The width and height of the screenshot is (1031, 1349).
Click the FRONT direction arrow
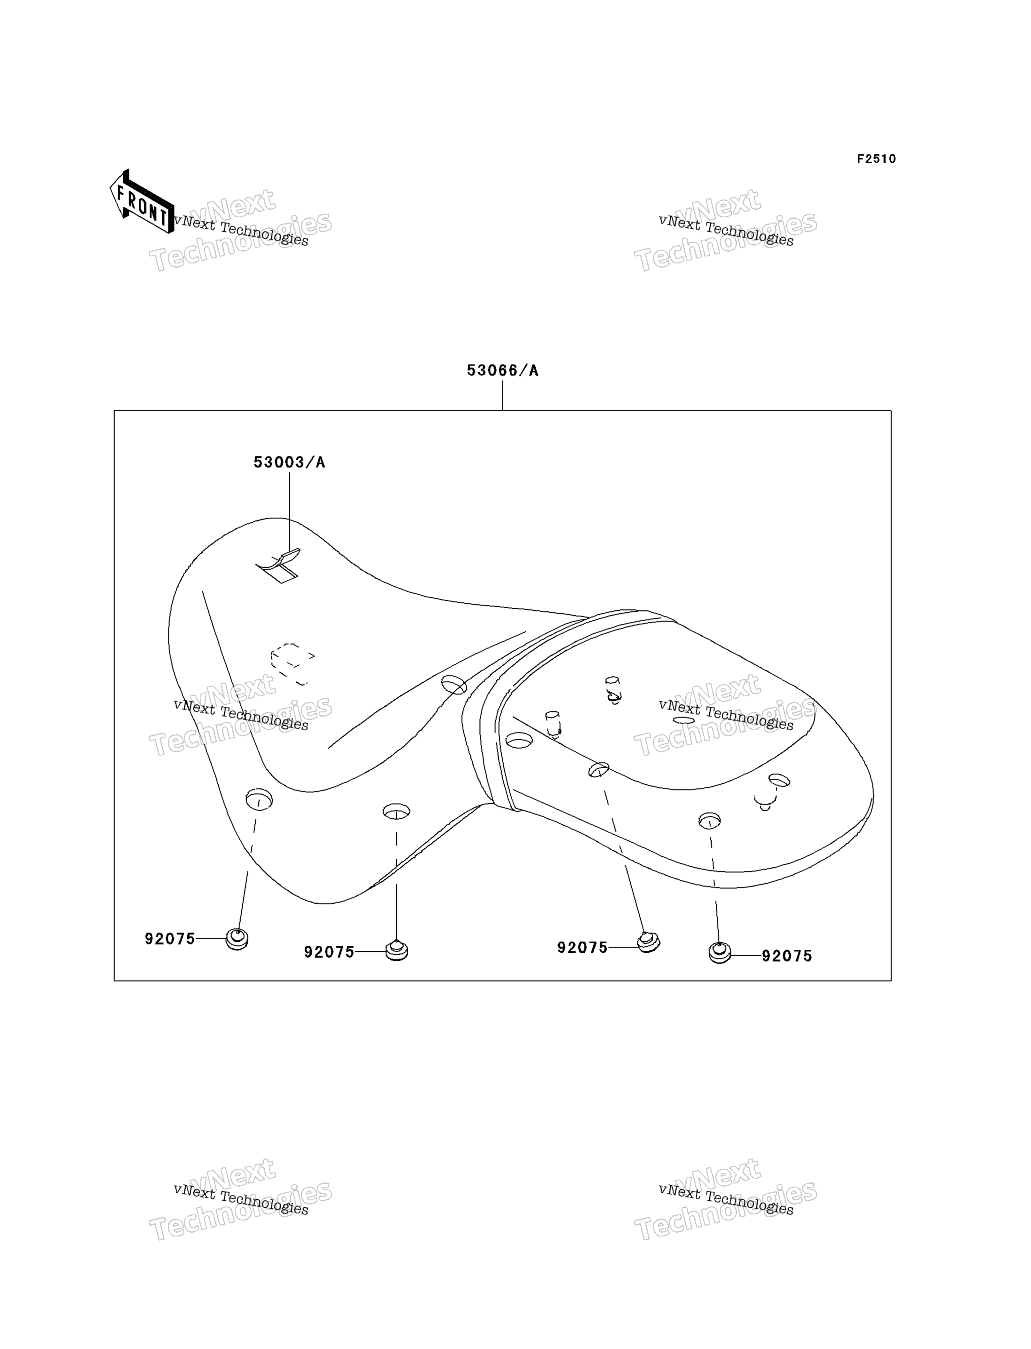(x=142, y=202)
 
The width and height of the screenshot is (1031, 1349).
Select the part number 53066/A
(x=503, y=370)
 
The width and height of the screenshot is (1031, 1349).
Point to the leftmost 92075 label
(x=170, y=939)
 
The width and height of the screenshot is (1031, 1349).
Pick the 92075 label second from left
(x=330, y=952)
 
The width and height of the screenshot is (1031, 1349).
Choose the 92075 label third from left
(x=582, y=948)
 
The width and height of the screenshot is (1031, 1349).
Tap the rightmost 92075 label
(x=787, y=956)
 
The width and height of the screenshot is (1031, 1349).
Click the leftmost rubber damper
(x=237, y=940)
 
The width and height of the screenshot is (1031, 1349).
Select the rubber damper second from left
(x=397, y=950)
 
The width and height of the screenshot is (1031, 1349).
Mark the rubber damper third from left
(x=648, y=942)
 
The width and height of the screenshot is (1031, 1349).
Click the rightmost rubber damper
(x=720, y=953)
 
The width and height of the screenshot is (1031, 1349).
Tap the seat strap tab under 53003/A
(x=279, y=565)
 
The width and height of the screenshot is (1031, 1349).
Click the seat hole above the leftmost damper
(x=259, y=799)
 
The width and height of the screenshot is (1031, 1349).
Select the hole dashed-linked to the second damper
(x=397, y=812)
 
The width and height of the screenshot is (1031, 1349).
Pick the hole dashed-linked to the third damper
(x=599, y=770)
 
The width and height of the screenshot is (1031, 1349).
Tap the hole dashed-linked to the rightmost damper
(x=709, y=821)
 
